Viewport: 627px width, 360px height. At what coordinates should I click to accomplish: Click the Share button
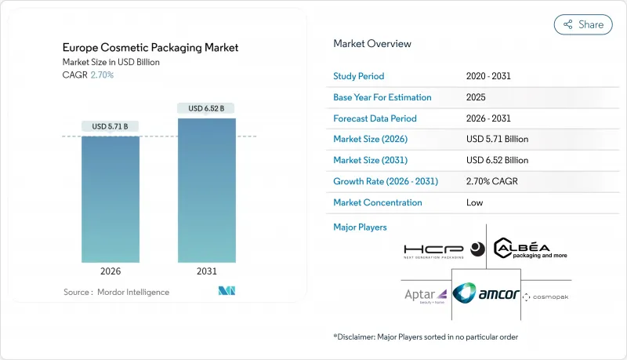coord(583,24)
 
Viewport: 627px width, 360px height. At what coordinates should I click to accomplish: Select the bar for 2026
coord(111,199)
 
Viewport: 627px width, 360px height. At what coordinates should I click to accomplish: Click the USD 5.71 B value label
coord(111,126)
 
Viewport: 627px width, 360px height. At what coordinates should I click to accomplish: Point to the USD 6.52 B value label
coord(206,107)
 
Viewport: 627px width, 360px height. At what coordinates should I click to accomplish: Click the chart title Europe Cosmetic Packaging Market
coord(150,48)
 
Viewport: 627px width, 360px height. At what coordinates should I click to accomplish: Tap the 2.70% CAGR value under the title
coord(101,75)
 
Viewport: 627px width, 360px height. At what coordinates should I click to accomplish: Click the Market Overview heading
coord(372,44)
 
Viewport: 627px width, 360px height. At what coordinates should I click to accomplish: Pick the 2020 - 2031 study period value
coord(491,77)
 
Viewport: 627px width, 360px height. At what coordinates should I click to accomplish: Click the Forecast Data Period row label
coord(375,118)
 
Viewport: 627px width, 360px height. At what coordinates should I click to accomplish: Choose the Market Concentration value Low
coord(474,202)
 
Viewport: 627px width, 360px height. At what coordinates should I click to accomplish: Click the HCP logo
coord(444,250)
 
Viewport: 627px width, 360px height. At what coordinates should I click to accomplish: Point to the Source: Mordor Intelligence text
coord(116,293)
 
